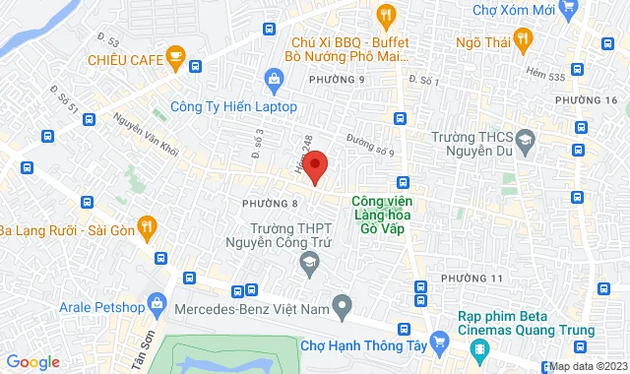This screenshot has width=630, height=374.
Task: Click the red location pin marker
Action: [314, 164]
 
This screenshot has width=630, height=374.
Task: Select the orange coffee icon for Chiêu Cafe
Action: [176, 59]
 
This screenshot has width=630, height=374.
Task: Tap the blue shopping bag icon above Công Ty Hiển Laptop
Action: [275, 79]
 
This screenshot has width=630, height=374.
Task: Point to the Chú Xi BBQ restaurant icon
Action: [386, 15]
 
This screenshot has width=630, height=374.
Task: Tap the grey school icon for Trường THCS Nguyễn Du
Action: [528, 142]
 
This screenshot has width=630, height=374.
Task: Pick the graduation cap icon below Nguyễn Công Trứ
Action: [309, 261]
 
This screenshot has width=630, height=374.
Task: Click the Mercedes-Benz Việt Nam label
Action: [247, 308]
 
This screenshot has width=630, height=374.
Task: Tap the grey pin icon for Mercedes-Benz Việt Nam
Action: [341, 306]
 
